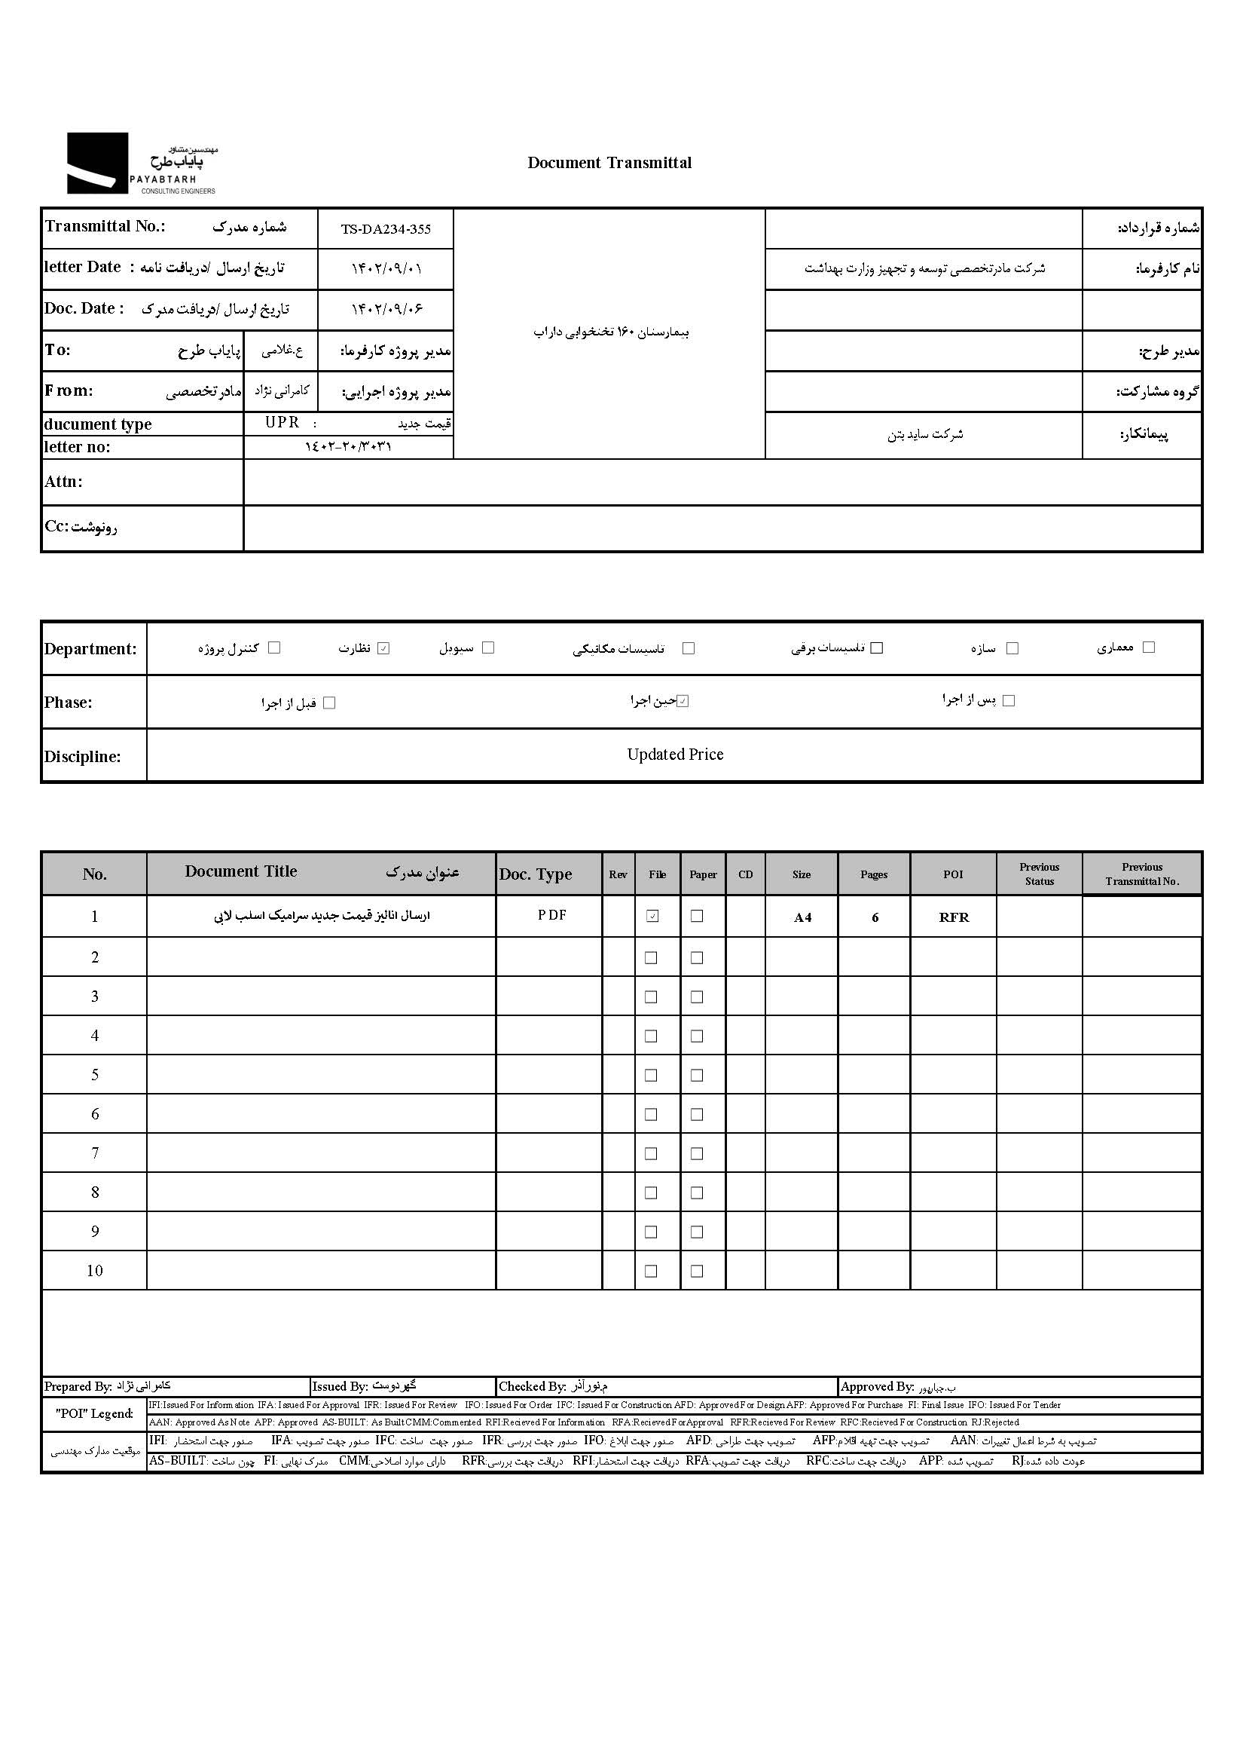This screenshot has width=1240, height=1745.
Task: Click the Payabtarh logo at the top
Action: pos(142,164)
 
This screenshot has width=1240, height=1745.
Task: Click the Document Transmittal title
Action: pos(609,163)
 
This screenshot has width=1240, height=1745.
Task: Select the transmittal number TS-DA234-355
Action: pos(386,229)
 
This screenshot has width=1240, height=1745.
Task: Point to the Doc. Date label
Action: pos(83,308)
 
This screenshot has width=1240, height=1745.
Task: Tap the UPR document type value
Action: pos(282,423)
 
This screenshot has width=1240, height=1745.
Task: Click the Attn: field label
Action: pos(63,482)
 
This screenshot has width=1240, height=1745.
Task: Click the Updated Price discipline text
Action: pos(675,755)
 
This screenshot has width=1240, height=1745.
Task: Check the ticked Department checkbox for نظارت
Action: pos(383,648)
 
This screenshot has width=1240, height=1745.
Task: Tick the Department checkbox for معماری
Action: pos(1148,647)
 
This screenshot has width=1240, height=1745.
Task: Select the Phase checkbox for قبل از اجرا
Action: pos(330,703)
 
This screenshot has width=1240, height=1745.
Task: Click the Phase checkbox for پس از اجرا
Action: pos(1009,700)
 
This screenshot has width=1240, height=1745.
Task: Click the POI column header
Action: pos(953,874)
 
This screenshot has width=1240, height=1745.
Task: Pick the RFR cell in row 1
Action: pos(954,917)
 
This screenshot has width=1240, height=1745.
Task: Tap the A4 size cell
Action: pos(802,917)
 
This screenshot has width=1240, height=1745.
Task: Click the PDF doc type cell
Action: pos(551,915)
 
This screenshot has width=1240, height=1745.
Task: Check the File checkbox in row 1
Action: pos(652,916)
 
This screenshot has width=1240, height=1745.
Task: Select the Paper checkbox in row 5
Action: pos(697,1075)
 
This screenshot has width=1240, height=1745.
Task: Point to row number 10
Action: pos(95,1271)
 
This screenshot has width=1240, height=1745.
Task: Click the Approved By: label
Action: pos(877,1387)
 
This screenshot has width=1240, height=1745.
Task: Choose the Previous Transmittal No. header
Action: pos(1141,874)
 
